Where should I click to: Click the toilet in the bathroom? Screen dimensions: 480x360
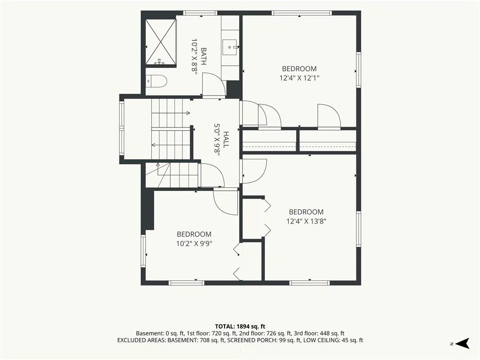click(x=156, y=81)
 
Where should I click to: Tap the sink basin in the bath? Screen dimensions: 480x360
click(x=231, y=47)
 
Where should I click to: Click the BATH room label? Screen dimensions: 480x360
click(x=203, y=56)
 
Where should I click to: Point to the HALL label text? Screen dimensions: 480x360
click(x=226, y=140)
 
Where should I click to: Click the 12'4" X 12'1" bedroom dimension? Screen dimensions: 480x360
click(x=300, y=78)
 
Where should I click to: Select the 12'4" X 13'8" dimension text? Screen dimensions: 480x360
click(x=307, y=221)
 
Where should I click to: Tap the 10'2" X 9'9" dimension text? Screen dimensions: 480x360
click(x=194, y=244)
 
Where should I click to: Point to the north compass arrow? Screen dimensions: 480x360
click(x=462, y=343)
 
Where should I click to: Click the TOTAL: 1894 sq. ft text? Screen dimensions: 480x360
click(x=240, y=326)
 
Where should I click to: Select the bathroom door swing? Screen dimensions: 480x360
click(x=214, y=84)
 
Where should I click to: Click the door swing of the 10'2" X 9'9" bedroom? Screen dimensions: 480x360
click(x=225, y=202)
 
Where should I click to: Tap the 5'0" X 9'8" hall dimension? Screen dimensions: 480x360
click(x=217, y=140)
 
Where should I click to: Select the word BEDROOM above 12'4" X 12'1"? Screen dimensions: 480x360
click(x=300, y=69)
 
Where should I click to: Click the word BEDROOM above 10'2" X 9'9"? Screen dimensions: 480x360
click(x=194, y=234)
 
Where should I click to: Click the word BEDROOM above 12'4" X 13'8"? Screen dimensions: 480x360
click(x=307, y=212)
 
